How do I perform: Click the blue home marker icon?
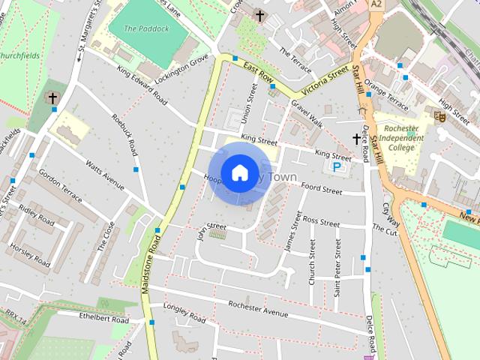point(239,172)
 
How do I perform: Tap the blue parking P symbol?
point(337,166)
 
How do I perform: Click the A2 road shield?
point(376,4)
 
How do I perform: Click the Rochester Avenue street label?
point(258,309)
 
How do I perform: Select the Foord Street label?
point(321,189)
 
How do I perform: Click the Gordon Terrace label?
point(60,184)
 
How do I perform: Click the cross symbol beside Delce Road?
point(357,139)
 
